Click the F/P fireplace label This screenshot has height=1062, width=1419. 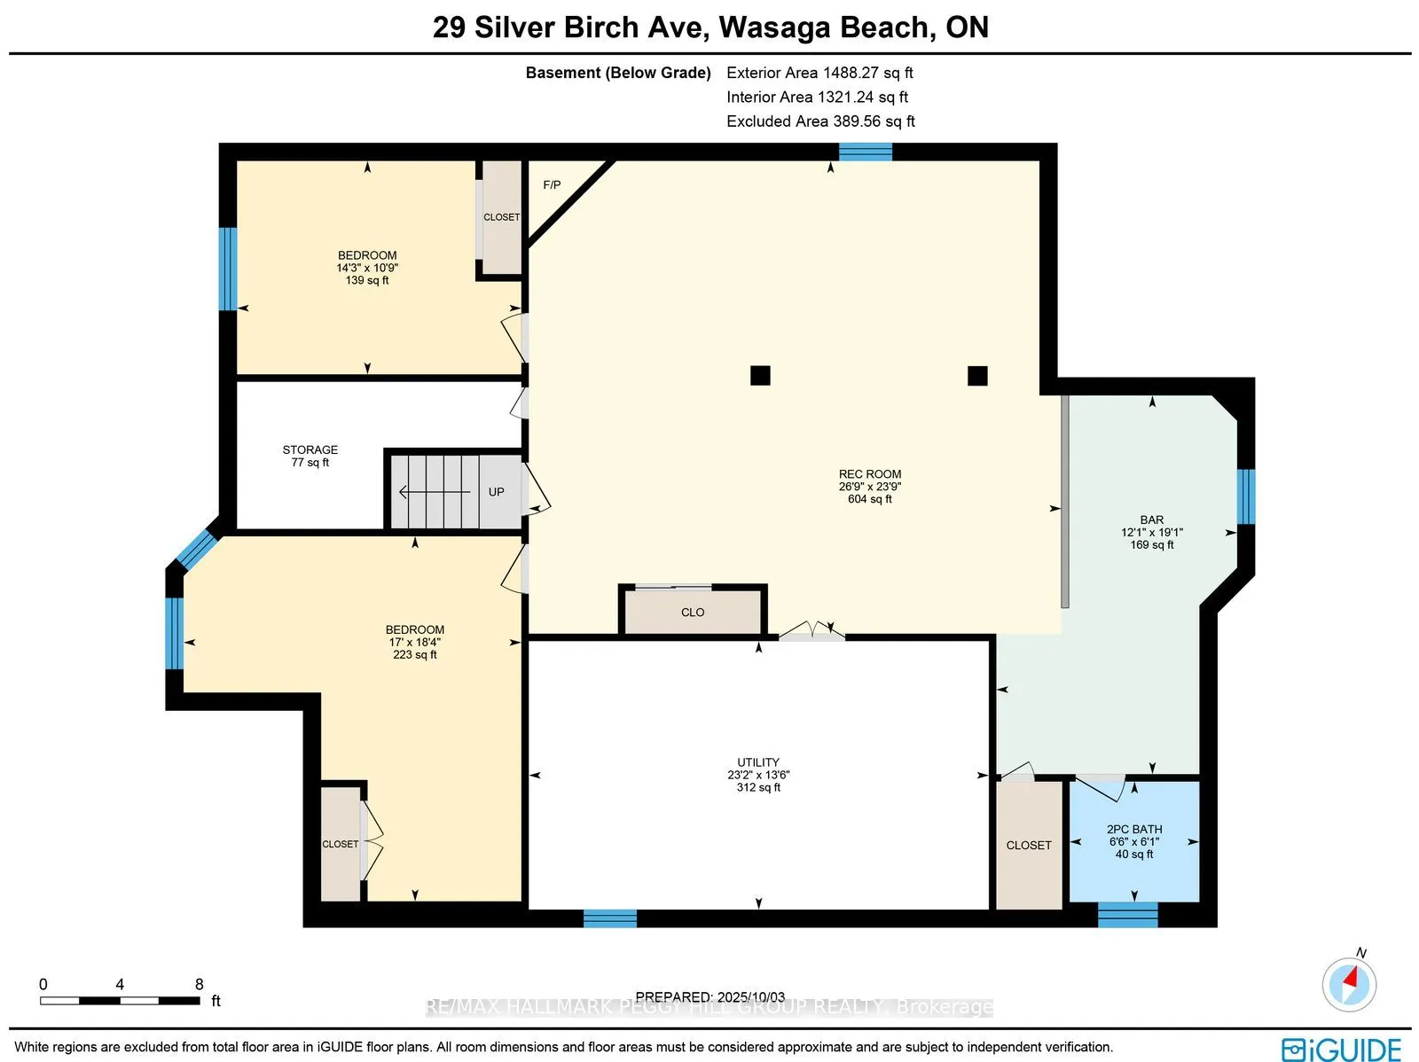552,184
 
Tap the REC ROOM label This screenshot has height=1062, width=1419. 869,474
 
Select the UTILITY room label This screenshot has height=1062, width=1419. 758,762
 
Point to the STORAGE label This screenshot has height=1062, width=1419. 310,449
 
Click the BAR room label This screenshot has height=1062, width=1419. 1151,520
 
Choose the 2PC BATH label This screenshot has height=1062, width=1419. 1134,829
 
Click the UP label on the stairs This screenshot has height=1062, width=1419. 496,492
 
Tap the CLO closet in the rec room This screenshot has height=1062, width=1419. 693,612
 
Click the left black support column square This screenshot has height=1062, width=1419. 760,375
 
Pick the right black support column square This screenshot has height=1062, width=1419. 977,375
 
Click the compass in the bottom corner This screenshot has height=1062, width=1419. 1349,985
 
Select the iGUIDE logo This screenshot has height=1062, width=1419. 1342,1050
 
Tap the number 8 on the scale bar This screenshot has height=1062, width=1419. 200,984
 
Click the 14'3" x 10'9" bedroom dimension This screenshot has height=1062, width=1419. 367,268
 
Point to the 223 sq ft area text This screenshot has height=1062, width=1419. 415,654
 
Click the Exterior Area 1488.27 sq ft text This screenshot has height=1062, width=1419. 819,73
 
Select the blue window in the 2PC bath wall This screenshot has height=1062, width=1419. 1127,915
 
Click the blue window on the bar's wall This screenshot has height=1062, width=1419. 1246,496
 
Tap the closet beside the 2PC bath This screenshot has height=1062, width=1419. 1029,845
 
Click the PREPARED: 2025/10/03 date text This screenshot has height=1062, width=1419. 709,997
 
